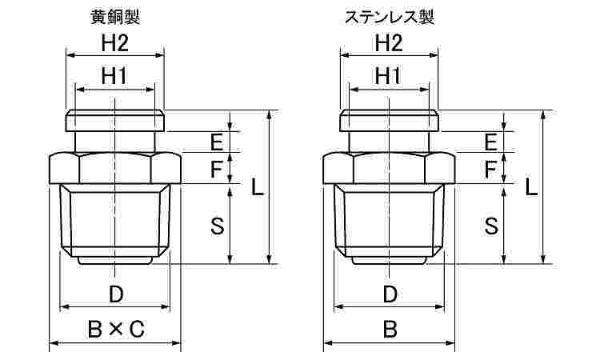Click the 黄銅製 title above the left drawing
pyautogui.click(x=115, y=18)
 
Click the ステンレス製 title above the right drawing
pyautogui.click(x=389, y=18)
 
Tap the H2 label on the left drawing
pyautogui.click(x=114, y=43)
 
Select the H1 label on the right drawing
pyautogui.click(x=388, y=77)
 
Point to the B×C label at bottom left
pyautogui.click(x=116, y=329)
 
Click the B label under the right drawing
pyautogui.click(x=390, y=329)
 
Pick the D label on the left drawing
pyautogui.click(x=116, y=294)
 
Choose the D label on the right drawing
pyautogui.click(x=390, y=294)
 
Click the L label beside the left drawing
pyautogui.click(x=257, y=187)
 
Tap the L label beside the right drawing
pyautogui.click(x=530, y=187)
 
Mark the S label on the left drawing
pyautogui.click(x=218, y=226)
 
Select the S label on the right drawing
pyautogui.click(x=491, y=226)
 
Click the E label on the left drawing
pyautogui.click(x=217, y=142)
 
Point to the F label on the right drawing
pyautogui.click(x=490, y=169)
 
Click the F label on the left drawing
pyautogui.click(x=217, y=169)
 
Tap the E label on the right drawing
pyautogui.click(x=491, y=142)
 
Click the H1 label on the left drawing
pyautogui.click(x=114, y=77)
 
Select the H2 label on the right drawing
pyautogui.click(x=389, y=43)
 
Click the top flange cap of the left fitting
pyautogui.click(x=115, y=121)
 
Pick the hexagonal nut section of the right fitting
pyautogui.click(x=389, y=168)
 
